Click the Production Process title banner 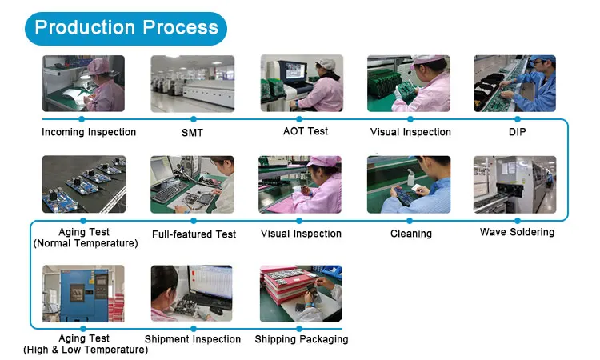pos(126,28)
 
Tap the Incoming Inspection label pos(89,132)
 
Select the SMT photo pos(192,84)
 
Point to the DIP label pos(516,131)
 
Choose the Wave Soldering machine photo pos(515,184)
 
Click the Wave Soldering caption pos(517,232)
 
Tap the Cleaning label pos(411,234)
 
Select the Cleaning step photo pos(409,184)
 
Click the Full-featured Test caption pos(194,234)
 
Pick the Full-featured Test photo pos(192,184)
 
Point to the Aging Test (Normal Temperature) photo pos(83,184)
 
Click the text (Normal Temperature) pos(86,243)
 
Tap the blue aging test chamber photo pos(83,293)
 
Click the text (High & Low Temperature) pos(80,350)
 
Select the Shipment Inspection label pos(193,339)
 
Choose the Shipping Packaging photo pos(301,293)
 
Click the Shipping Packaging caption pos(302,339)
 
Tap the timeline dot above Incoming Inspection pos(82,118)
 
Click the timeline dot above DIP pos(515,118)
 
